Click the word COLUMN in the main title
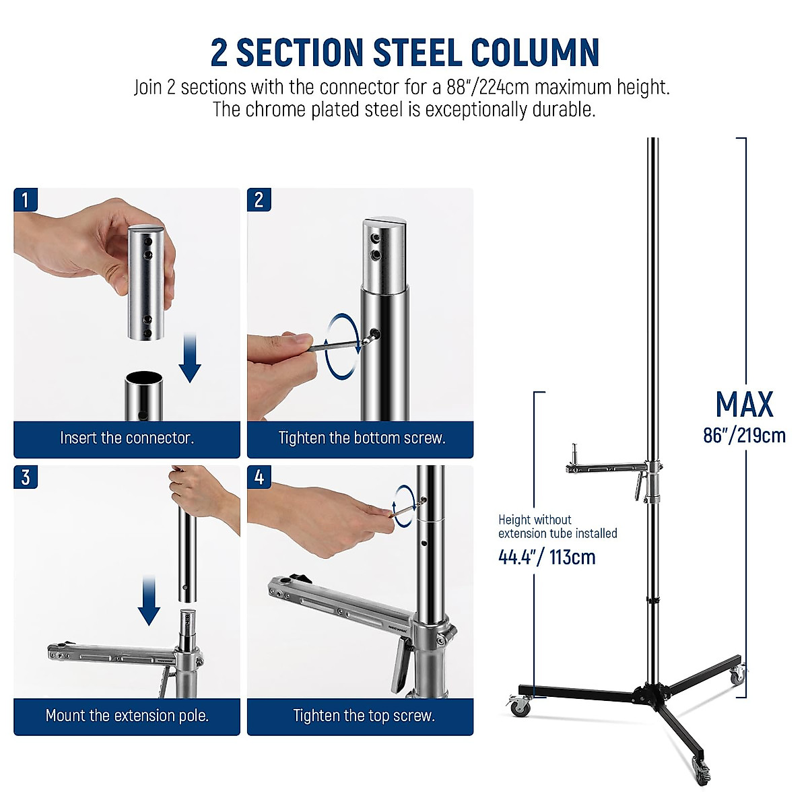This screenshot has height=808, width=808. coord(535,53)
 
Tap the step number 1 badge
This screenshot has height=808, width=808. coord(26,200)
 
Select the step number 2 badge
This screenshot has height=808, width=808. coord(259,200)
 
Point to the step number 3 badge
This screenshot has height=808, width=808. coord(26,477)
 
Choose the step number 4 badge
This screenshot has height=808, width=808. coord(259,477)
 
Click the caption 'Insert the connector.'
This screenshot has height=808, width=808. coord(127,438)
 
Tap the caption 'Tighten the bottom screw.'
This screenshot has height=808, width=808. coord(362,438)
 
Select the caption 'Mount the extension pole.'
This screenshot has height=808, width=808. coord(127,716)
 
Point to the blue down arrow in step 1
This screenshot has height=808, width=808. coord(190,357)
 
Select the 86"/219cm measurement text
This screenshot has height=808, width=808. coord(744,436)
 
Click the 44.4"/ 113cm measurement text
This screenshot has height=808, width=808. coord(547,558)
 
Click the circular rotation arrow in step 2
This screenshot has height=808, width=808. coord(339,343)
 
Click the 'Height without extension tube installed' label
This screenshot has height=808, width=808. coord(557,527)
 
